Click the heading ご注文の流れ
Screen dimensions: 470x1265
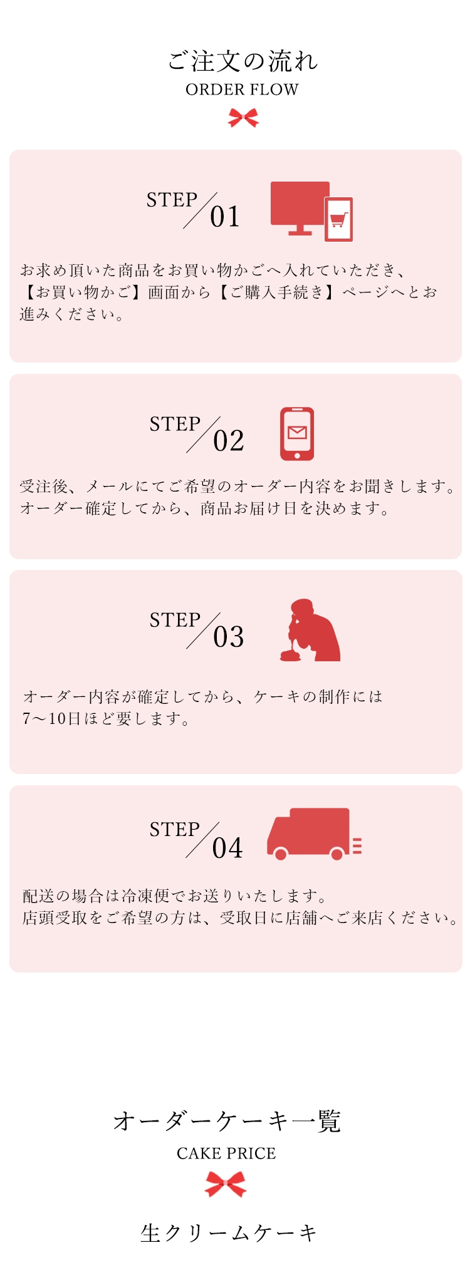tap(243, 61)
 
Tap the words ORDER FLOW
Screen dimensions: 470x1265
tap(242, 90)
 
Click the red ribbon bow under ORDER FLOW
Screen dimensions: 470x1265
tap(243, 117)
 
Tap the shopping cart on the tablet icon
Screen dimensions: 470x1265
tap(338, 220)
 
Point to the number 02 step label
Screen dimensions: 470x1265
tap(228, 441)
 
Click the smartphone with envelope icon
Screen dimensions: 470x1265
tap(297, 434)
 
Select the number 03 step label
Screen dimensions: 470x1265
tap(228, 637)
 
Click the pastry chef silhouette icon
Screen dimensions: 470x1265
tap(310, 630)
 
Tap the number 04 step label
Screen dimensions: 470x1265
tap(227, 848)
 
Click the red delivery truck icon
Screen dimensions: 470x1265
tap(314, 834)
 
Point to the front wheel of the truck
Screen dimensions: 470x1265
tap(281, 854)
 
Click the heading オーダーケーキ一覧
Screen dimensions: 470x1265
tap(227, 1121)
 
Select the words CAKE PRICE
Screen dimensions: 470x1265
tap(226, 1154)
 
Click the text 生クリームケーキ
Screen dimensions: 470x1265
tap(228, 1233)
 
